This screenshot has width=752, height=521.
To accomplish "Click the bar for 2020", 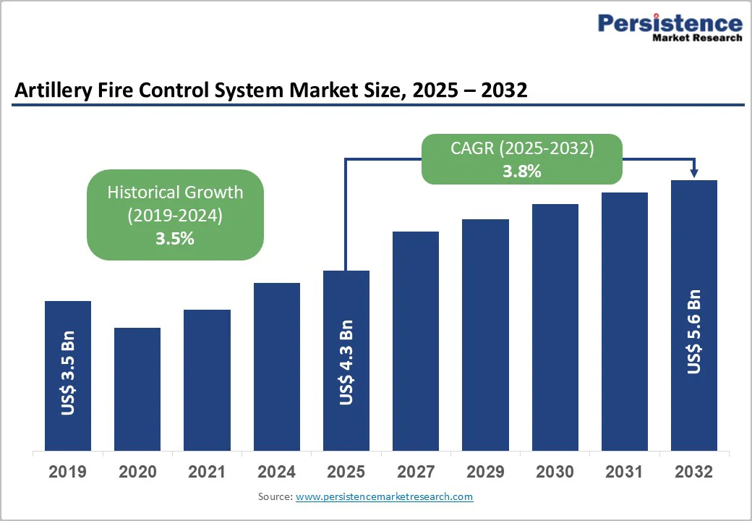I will click(137, 389).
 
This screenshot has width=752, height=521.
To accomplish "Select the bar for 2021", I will click(207, 380).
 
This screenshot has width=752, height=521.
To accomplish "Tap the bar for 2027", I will click(416, 341).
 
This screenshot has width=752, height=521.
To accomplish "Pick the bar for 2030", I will click(555, 327).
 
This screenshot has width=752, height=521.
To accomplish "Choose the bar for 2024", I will click(276, 367).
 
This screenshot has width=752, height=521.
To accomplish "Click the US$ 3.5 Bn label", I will click(68, 374).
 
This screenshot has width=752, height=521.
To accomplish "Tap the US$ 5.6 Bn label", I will click(694, 331).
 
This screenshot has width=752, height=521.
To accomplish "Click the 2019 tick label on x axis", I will click(68, 473).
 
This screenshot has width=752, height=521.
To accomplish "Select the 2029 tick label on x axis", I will click(485, 473).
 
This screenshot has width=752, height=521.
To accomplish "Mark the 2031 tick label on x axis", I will click(624, 473).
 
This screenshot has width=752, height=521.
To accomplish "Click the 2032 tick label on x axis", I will click(694, 473).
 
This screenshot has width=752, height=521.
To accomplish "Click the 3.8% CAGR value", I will click(523, 171).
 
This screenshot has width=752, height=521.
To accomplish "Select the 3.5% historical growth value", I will click(175, 238).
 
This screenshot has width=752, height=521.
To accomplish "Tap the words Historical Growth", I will click(175, 192).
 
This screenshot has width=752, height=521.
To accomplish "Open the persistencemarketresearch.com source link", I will click(384, 496).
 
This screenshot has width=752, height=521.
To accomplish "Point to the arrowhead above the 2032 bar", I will click(694, 173).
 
